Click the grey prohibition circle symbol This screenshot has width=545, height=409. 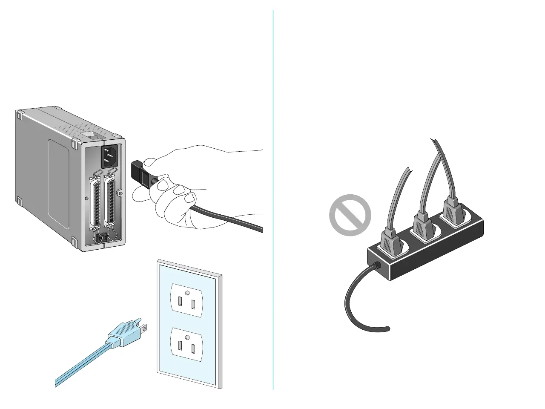point(350,215)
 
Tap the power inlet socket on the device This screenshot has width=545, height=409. point(109,156)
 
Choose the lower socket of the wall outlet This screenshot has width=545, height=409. point(186,345)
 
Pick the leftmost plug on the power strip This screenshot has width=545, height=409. point(390,242)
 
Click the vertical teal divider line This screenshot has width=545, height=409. point(273,200)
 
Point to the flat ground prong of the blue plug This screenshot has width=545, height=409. point(144,328)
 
